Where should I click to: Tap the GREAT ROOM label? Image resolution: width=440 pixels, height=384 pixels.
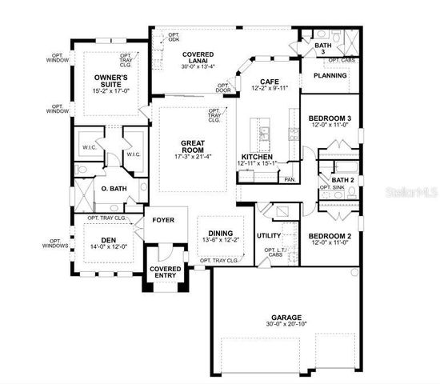[x=192, y=146]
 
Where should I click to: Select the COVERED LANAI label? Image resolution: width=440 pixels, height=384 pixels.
[x=195, y=56]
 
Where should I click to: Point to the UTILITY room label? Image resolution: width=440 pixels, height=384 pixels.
[x=268, y=235]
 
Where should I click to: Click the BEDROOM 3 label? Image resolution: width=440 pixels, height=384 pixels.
[x=330, y=118]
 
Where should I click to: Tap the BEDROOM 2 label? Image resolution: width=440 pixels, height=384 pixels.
[x=330, y=236]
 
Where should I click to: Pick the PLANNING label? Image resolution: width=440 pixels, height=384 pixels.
[x=330, y=76]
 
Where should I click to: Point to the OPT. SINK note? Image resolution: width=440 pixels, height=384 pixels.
[x=331, y=187]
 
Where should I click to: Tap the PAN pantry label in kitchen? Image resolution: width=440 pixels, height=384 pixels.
[x=287, y=180]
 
